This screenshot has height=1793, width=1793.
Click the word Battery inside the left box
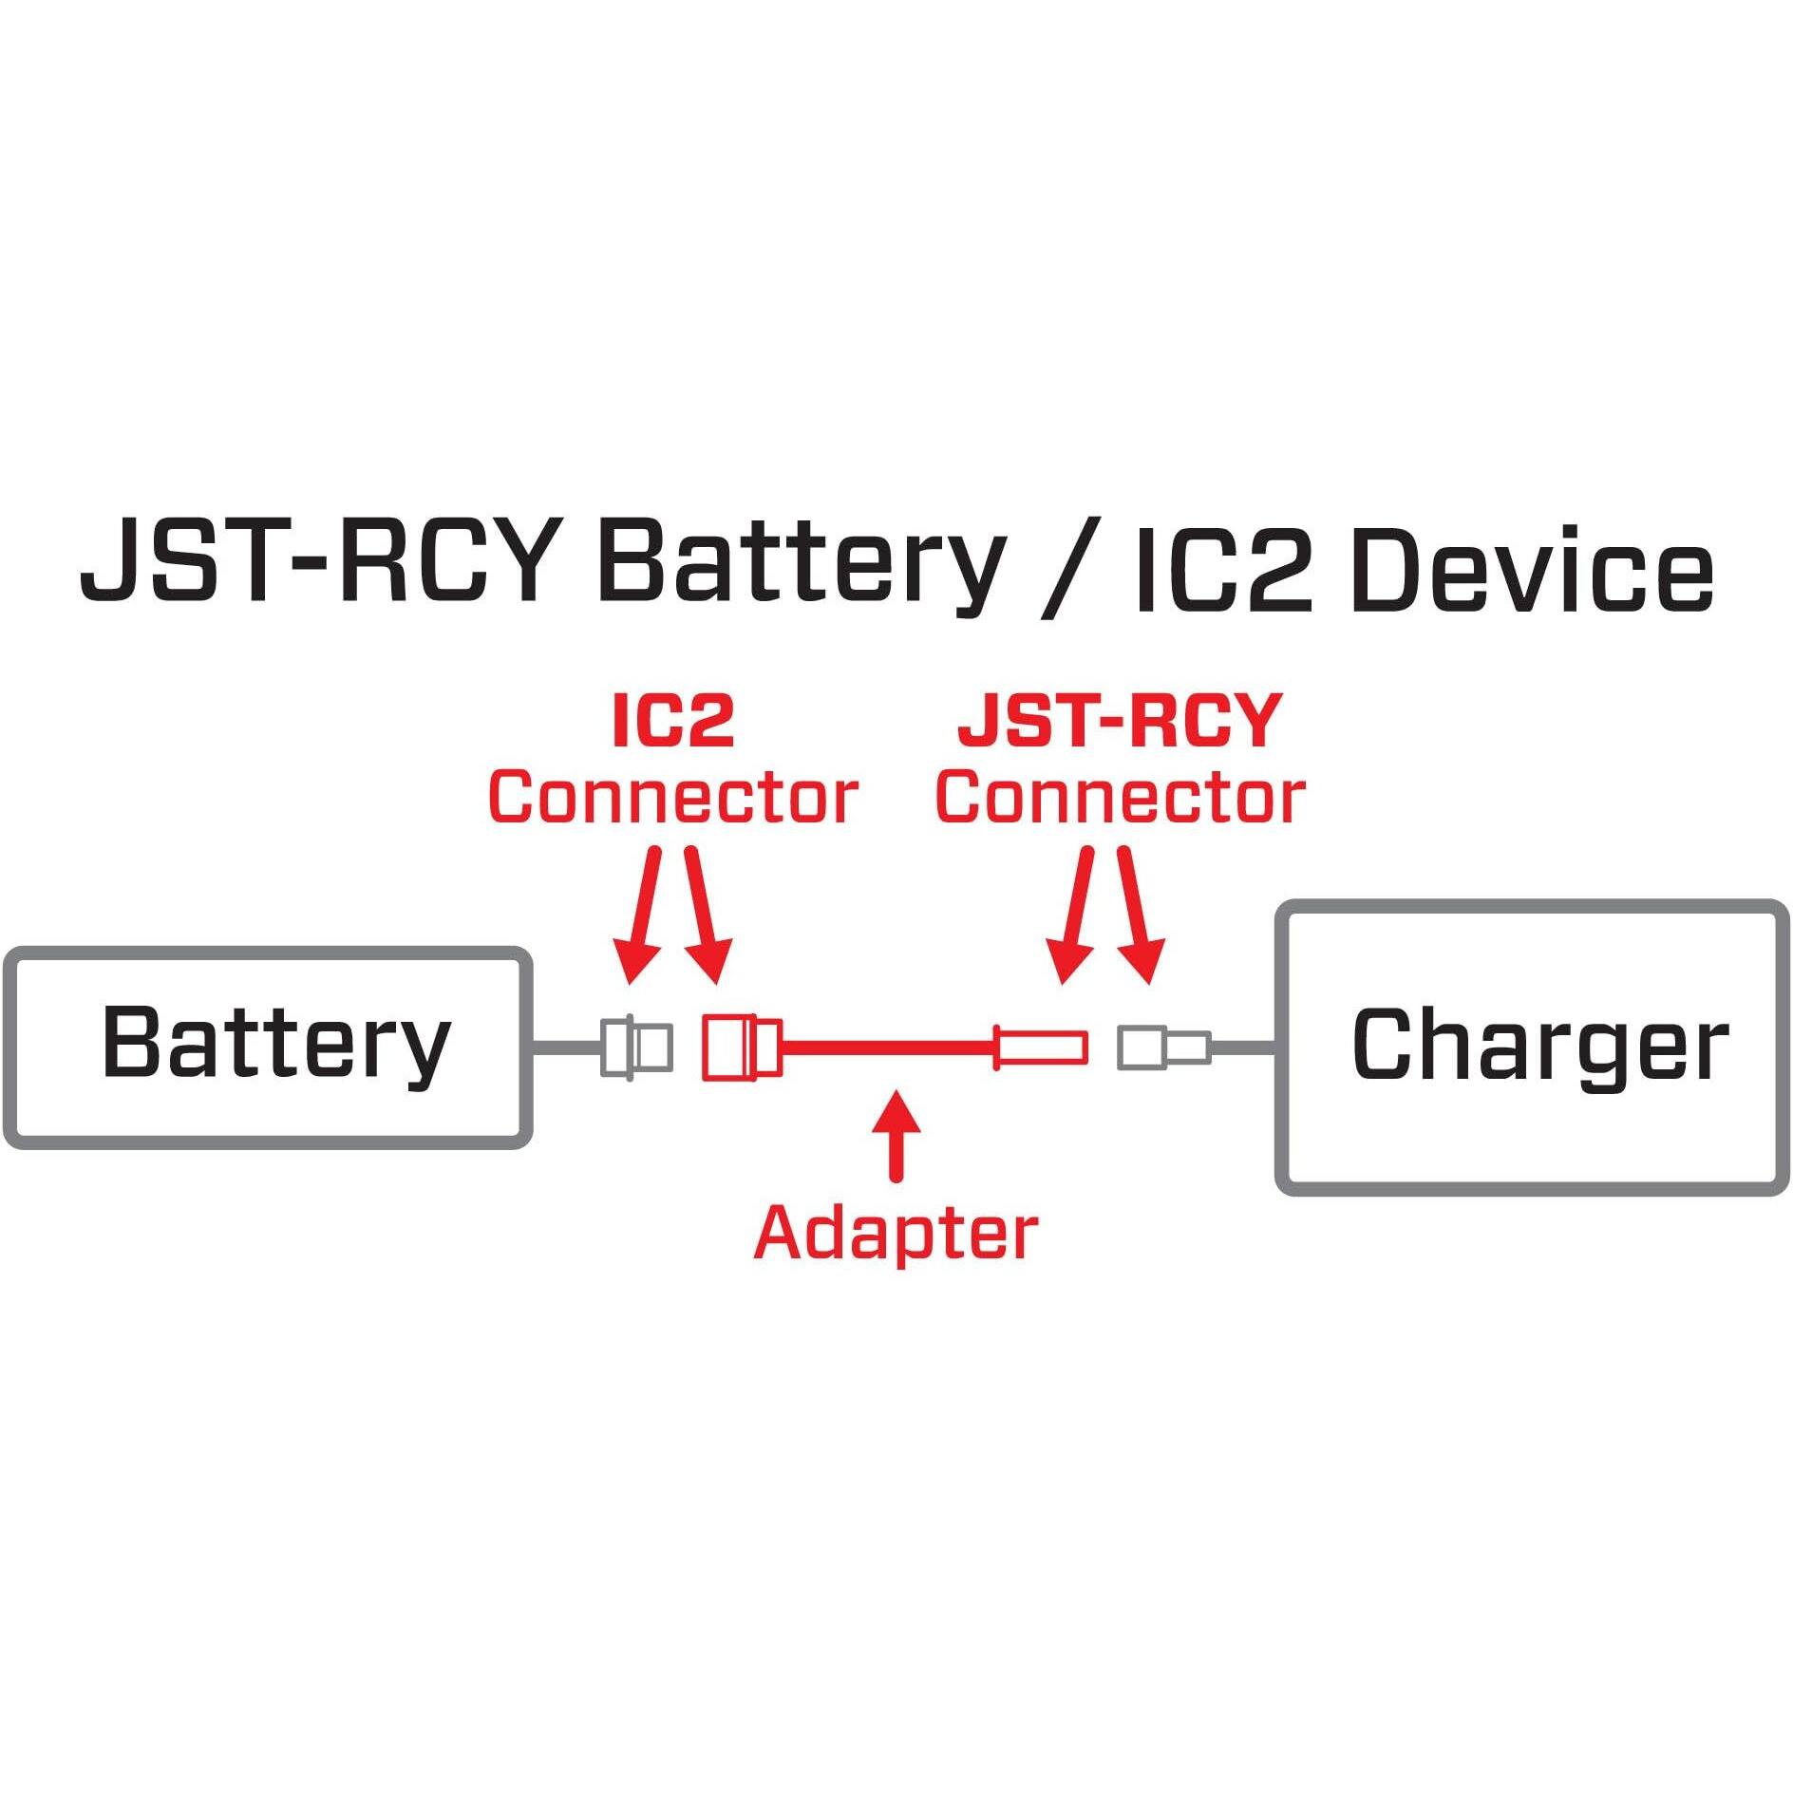click(275, 1045)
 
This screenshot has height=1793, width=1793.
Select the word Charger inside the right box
click(1538, 1045)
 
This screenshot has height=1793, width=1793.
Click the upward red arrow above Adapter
click(896, 1135)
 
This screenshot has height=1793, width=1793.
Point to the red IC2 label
click(673, 722)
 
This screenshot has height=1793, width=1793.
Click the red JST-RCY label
click(1121, 722)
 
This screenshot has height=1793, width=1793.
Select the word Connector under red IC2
click(673, 798)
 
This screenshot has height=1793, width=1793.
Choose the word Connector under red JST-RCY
click(1121, 798)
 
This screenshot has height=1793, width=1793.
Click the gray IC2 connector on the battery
click(636, 1047)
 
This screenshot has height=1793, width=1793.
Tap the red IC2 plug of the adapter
click(741, 1047)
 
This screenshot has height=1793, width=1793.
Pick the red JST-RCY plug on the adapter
click(1040, 1047)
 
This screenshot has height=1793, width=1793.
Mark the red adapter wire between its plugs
click(888, 1047)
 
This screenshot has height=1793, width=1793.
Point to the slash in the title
click(1070, 567)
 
